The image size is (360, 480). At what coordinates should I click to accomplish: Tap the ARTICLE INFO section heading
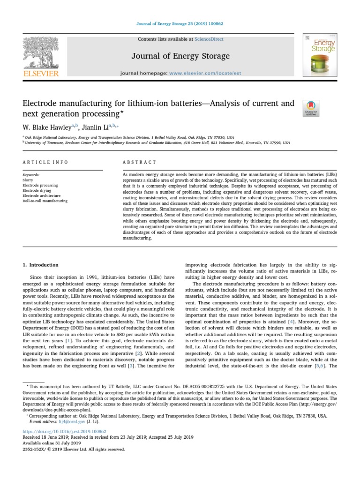[45, 162]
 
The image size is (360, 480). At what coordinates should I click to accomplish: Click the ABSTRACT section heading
[139, 162]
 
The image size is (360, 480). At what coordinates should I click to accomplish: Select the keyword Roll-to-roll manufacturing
[45, 201]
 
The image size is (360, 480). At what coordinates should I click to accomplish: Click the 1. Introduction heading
[41, 265]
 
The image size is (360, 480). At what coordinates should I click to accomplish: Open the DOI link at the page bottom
[64, 431]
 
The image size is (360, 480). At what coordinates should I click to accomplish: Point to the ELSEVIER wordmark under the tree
[41, 73]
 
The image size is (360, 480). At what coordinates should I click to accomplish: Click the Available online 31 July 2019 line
[52, 443]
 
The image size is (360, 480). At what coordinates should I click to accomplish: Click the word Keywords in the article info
[31, 175]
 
